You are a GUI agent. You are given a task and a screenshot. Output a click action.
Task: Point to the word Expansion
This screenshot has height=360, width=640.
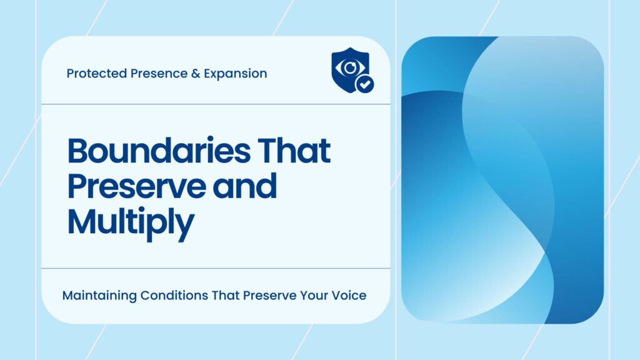[x=233, y=74]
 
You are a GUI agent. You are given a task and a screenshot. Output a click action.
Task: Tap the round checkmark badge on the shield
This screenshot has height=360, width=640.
[x=363, y=83]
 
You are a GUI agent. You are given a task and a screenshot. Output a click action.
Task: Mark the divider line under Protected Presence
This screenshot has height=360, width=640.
[x=216, y=104]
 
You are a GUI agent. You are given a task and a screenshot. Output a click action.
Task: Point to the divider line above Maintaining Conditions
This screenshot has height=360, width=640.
[x=216, y=269]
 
